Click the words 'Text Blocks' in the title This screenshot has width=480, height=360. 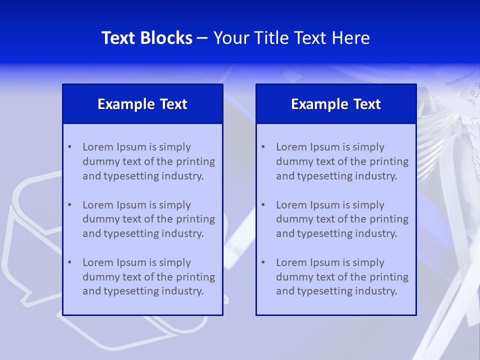tap(147, 38)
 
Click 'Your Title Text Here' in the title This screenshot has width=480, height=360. tap(291, 38)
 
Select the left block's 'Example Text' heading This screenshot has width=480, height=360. tap(142, 104)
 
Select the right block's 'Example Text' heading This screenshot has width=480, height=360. tap(336, 104)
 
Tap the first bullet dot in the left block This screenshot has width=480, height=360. tap(69, 147)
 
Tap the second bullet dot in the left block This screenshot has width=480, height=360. tap(69, 205)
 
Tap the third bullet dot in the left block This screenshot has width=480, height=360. tap(69, 262)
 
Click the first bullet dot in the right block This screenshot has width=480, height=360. tap(263, 147)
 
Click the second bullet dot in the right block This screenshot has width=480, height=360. tap(263, 205)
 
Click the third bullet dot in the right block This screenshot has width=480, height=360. tap(263, 262)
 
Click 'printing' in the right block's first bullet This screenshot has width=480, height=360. tap(389, 161)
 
